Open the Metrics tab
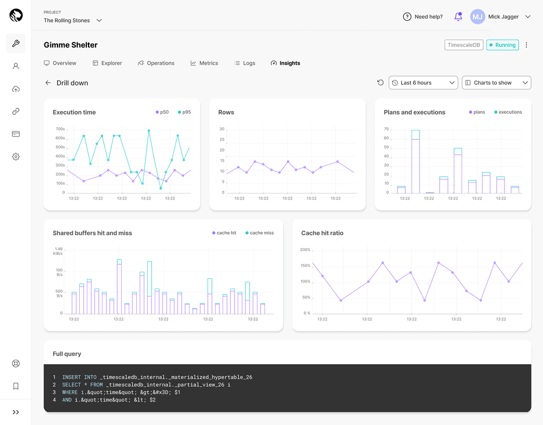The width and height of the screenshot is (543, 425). point(204,63)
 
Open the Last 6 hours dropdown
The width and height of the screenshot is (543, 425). point(424,83)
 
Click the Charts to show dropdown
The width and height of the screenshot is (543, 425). point(496,83)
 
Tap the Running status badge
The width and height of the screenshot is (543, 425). point(502,45)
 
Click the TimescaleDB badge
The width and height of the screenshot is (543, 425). point(463,45)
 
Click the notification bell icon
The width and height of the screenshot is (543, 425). point(458,17)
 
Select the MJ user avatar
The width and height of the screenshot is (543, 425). point(477,17)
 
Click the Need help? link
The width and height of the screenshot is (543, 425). point(423,17)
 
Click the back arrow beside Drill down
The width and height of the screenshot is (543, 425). point(48,83)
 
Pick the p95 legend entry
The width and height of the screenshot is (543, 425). point(184,112)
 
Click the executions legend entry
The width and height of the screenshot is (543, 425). point(508,112)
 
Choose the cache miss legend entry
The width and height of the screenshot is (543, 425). point(260,233)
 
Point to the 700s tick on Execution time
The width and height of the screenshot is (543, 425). point(60,129)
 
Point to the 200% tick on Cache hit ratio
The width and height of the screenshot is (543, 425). point(305,250)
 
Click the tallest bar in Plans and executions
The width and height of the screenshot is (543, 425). point(415,162)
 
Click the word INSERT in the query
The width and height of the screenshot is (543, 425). point(72,377)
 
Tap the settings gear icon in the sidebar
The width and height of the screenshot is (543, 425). point(16,157)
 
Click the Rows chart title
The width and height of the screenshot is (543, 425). point(226,112)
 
